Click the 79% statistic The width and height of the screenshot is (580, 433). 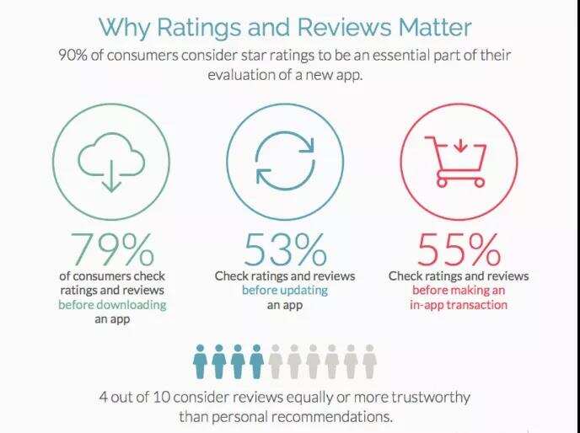coord(112,249)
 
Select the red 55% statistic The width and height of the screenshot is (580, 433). coord(458,249)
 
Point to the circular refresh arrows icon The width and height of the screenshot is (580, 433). coord(284,161)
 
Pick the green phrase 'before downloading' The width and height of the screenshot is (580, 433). coord(112,304)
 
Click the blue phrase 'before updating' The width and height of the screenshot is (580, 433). coord(284,290)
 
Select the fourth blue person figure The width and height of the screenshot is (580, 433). coord(256,361)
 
